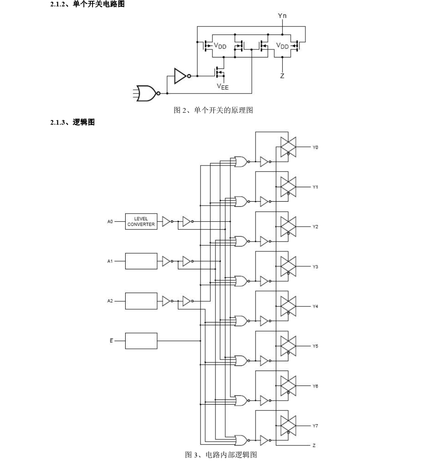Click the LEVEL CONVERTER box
pos(141,222)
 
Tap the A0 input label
pos(110,222)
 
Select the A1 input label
pos(110,261)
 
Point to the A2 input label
pos(110,301)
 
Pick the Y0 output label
pos(315,147)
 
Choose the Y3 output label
pos(315,267)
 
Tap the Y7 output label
pos(315,425)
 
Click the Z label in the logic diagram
pos(314,445)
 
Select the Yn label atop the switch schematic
pos(282,16)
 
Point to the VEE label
pos(222,87)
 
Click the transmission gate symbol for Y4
pos(288,306)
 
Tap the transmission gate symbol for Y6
pos(288,386)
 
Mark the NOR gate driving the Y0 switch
pos(241,162)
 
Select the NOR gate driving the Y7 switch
pos(241,440)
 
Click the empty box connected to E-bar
pos(141,340)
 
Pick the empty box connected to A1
pos(141,261)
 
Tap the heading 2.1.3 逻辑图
pos(72,123)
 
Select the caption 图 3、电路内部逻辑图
pos(221,455)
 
